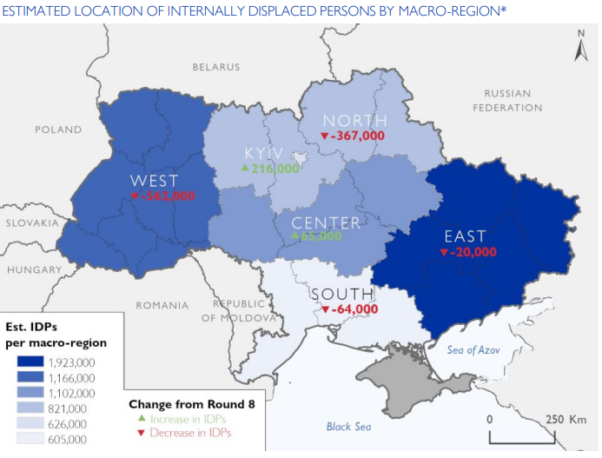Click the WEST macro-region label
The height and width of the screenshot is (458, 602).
154,181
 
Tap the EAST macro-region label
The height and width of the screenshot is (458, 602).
465,236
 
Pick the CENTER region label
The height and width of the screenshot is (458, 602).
326,222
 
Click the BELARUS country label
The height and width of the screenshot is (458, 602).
215,67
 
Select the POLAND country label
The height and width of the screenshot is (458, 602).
58,129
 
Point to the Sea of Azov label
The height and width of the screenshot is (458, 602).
474,350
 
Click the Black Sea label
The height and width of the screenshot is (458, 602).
348,427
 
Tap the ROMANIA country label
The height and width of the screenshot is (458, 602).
162,306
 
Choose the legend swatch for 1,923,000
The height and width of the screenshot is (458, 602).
29,362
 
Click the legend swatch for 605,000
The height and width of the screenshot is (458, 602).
29,440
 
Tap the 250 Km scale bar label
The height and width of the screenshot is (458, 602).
566,419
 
